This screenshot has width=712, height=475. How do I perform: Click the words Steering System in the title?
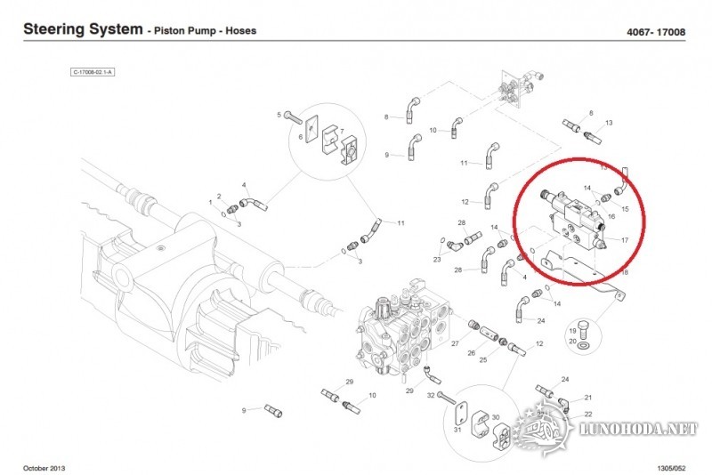tap(82, 29)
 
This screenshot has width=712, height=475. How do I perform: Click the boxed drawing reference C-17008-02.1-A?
tap(94, 72)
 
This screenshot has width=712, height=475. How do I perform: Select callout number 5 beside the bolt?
tap(279, 116)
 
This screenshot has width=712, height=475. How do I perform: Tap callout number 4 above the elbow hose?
tap(244, 185)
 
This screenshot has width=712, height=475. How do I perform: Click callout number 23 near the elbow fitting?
tap(437, 260)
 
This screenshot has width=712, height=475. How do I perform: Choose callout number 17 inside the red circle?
tap(625, 239)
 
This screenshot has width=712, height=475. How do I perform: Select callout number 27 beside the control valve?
tap(455, 342)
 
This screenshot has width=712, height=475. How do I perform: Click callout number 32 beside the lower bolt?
tap(430, 394)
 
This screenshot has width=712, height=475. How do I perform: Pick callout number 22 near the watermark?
tap(588, 415)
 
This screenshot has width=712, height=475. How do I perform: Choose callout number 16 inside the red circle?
tap(611, 216)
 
